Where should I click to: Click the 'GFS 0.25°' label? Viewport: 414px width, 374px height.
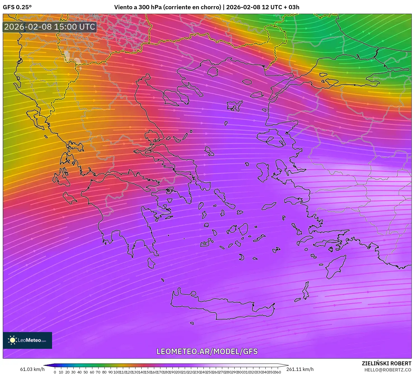pyautogui.click(x=17, y=7)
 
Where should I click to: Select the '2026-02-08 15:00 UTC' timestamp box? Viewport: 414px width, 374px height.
pyautogui.click(x=50, y=27)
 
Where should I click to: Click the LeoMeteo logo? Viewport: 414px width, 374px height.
pyautogui.click(x=27, y=340)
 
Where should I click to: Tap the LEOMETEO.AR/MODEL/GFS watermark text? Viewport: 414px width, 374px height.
pyautogui.click(x=207, y=351)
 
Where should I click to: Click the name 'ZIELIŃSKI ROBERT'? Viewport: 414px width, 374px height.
pyautogui.click(x=386, y=363)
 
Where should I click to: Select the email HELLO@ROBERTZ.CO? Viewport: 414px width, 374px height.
pyautogui.click(x=387, y=370)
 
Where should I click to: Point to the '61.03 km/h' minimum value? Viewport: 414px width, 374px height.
pyautogui.click(x=32, y=369)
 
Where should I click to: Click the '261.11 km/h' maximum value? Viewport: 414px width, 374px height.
pyautogui.click(x=300, y=369)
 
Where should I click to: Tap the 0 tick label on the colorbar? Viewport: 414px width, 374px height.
pyautogui.click(x=55, y=372)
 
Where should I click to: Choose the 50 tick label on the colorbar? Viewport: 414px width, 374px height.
pyautogui.click(x=86, y=372)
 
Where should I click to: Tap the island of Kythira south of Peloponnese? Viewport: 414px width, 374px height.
pyautogui.click(x=151, y=263)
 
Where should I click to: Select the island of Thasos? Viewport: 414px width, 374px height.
pyautogui.click(x=213, y=72)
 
